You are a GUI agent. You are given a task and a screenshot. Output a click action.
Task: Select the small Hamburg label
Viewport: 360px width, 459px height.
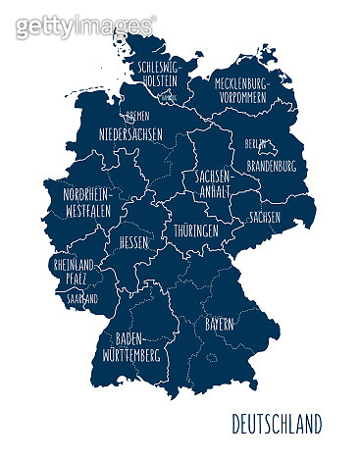pyautogui.click(x=169, y=98)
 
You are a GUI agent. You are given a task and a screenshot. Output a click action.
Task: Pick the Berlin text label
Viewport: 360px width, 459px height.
pyautogui.click(x=257, y=143)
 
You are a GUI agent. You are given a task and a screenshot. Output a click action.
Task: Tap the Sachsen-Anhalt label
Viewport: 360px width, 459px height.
pyautogui.click(x=213, y=183)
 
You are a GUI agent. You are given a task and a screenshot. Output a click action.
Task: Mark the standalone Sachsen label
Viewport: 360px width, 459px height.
pyautogui.click(x=265, y=217)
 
